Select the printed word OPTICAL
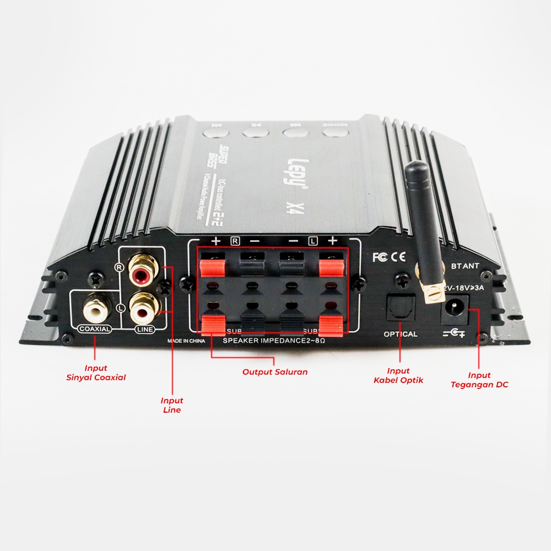point(401,334)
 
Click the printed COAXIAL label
point(95,329)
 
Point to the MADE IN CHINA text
point(186,341)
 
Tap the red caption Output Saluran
point(275,372)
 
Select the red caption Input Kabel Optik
point(398,375)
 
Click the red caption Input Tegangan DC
point(479,380)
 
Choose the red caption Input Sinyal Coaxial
point(96,372)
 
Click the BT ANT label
point(464,266)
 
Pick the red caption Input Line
point(172,405)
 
